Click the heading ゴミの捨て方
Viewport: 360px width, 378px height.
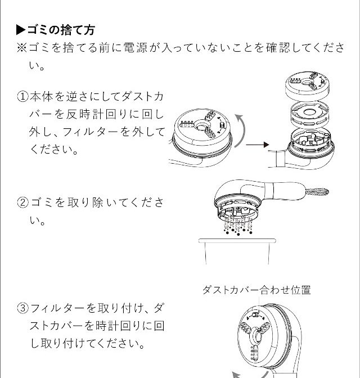point(61,30)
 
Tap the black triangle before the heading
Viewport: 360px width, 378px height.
point(21,30)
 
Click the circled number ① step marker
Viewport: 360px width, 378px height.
point(23,97)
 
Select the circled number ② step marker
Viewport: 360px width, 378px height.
point(23,202)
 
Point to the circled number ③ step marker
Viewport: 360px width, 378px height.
point(23,308)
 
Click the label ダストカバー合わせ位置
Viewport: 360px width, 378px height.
point(256,290)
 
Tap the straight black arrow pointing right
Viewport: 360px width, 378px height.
point(257,145)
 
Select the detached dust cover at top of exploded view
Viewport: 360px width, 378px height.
point(308,86)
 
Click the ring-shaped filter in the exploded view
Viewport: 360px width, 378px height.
point(309,115)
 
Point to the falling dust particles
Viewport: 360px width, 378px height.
point(238,227)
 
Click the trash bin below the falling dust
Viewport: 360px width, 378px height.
point(237,251)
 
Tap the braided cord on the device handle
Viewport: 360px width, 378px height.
point(317,192)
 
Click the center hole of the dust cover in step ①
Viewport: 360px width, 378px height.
point(201,125)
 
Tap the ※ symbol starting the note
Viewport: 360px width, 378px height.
point(22,47)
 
